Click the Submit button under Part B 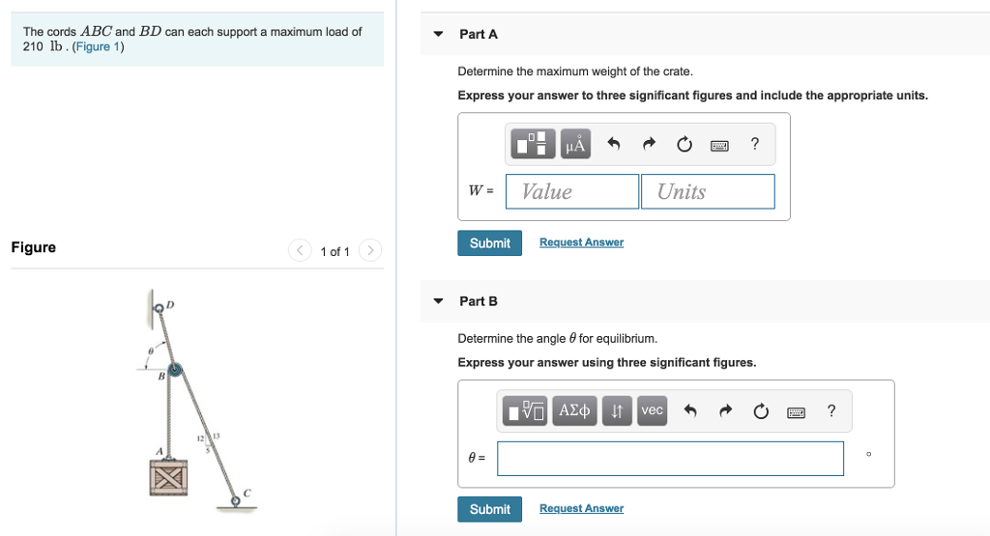coord(489,509)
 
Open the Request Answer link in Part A coord(581,242)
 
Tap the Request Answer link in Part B coord(581,509)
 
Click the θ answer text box coord(670,459)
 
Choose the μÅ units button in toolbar coord(575,145)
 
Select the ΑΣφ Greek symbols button coord(575,411)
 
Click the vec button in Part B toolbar coord(653,411)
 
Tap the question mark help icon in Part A coord(755,145)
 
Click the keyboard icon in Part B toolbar coord(796,412)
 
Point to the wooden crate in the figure coord(168,477)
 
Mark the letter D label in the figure coord(170,304)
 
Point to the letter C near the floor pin coord(247,493)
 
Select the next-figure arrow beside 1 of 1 coord(370,251)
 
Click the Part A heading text coord(479,34)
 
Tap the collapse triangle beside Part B coord(438,301)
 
